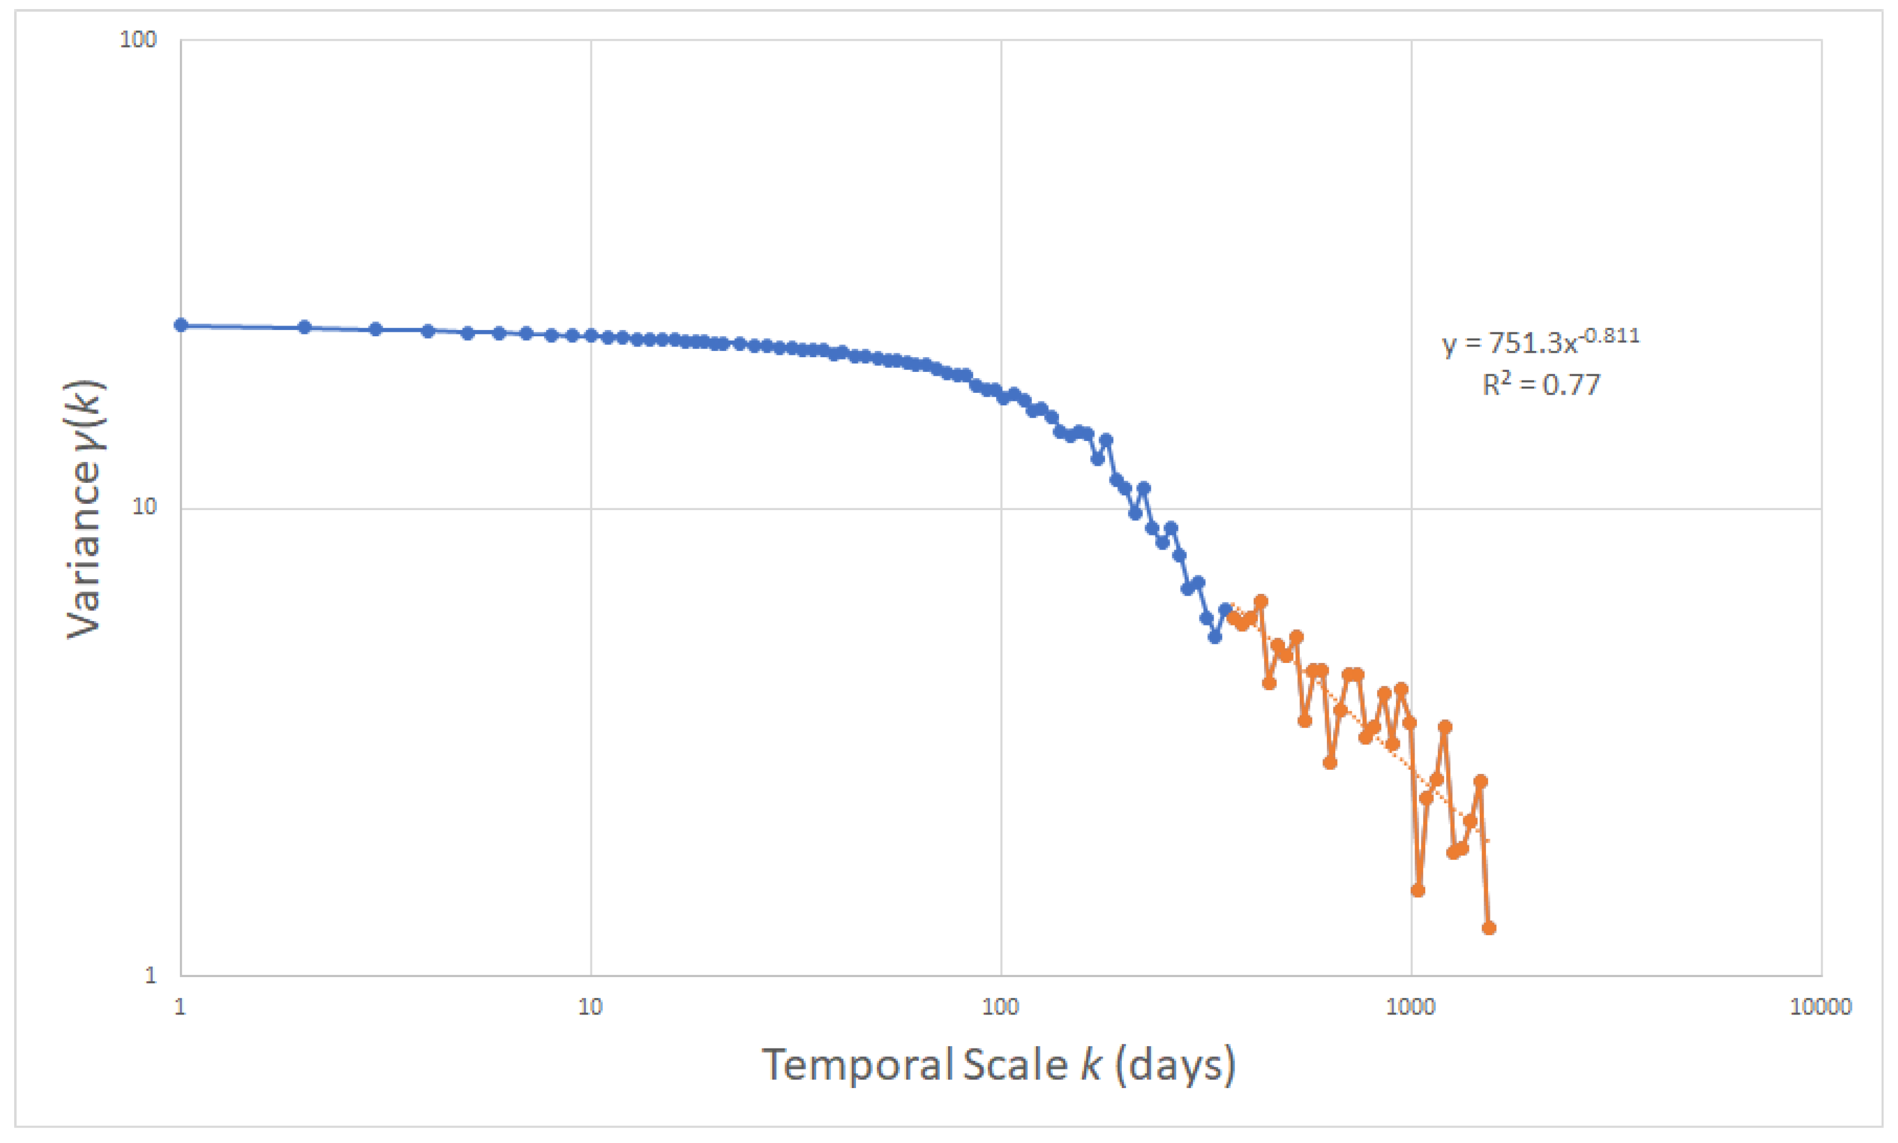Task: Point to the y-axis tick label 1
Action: pos(150,975)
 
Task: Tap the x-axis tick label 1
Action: pos(180,1006)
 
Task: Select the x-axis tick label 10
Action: pos(590,1006)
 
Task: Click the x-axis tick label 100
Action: pos(1000,1006)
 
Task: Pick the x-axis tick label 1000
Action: pos(1410,1006)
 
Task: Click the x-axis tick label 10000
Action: pos(1820,1006)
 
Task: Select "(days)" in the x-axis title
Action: pos(1175,1066)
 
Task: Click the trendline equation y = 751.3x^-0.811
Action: pos(1540,341)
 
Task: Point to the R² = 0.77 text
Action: pos(1541,384)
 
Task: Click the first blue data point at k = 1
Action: pos(181,325)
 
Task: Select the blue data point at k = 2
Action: pos(304,327)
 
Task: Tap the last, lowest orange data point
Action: pos(1488,928)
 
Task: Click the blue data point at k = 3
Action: pos(376,329)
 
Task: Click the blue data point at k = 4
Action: pos(428,331)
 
